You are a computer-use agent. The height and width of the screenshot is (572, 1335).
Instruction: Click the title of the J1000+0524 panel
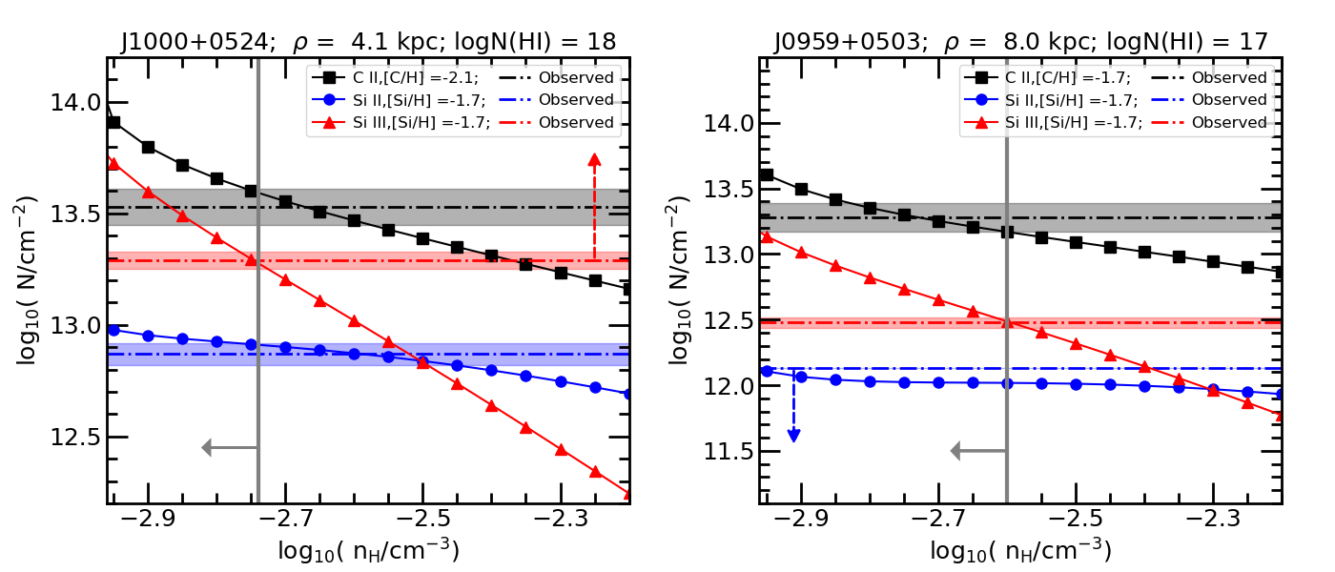click(x=368, y=41)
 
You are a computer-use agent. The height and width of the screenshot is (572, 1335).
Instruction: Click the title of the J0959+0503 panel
click(x=1020, y=41)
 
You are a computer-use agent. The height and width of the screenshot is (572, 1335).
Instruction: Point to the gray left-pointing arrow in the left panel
click(x=230, y=447)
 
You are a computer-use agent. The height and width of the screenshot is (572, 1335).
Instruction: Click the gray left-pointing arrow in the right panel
click(x=978, y=451)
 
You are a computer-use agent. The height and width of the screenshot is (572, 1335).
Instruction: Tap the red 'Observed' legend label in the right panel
click(x=1228, y=122)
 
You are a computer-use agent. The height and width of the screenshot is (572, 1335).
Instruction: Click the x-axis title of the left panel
click(x=368, y=551)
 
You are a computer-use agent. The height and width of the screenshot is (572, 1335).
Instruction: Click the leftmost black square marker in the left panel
click(x=113, y=122)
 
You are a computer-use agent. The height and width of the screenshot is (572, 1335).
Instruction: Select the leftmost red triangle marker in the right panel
click(x=767, y=235)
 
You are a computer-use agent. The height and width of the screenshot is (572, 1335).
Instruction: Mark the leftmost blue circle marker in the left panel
click(x=113, y=330)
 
